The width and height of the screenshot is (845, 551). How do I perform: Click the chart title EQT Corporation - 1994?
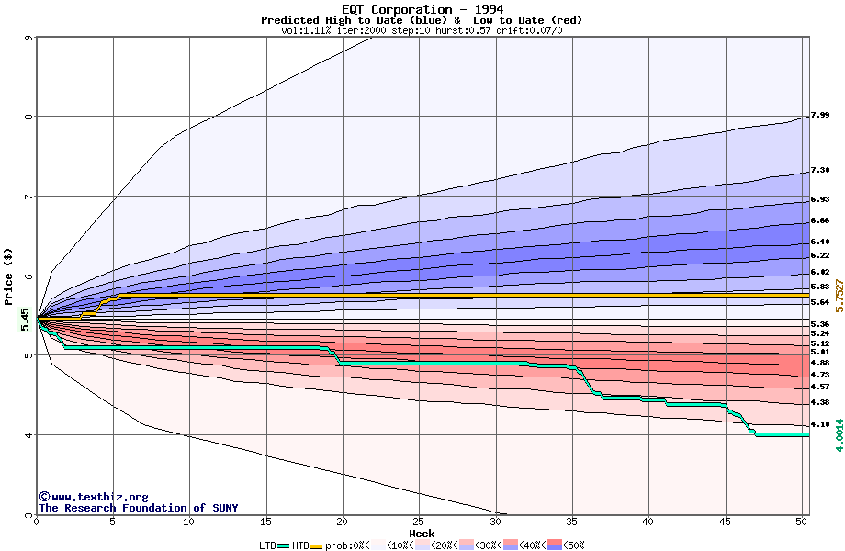click(422, 9)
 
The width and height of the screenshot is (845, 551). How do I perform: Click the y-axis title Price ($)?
click(8, 275)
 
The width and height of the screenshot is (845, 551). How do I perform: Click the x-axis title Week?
click(422, 533)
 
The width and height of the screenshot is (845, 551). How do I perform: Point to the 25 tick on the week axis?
click(419, 522)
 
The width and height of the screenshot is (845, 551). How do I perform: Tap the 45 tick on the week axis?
click(725, 522)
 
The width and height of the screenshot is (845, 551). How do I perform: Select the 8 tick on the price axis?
click(29, 117)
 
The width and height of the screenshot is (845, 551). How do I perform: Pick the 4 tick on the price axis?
click(29, 435)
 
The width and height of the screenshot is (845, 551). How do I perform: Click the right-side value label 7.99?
click(820, 116)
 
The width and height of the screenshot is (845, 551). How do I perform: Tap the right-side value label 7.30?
click(820, 171)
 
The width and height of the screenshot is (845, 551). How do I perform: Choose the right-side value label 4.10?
click(820, 424)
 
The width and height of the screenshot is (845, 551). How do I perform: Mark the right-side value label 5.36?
click(820, 324)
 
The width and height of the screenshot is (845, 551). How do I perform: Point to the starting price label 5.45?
click(25, 319)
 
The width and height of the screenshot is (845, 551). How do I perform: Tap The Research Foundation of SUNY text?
click(138, 508)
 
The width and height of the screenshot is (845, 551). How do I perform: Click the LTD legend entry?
click(268, 545)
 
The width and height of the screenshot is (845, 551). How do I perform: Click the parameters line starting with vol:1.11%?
click(422, 30)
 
